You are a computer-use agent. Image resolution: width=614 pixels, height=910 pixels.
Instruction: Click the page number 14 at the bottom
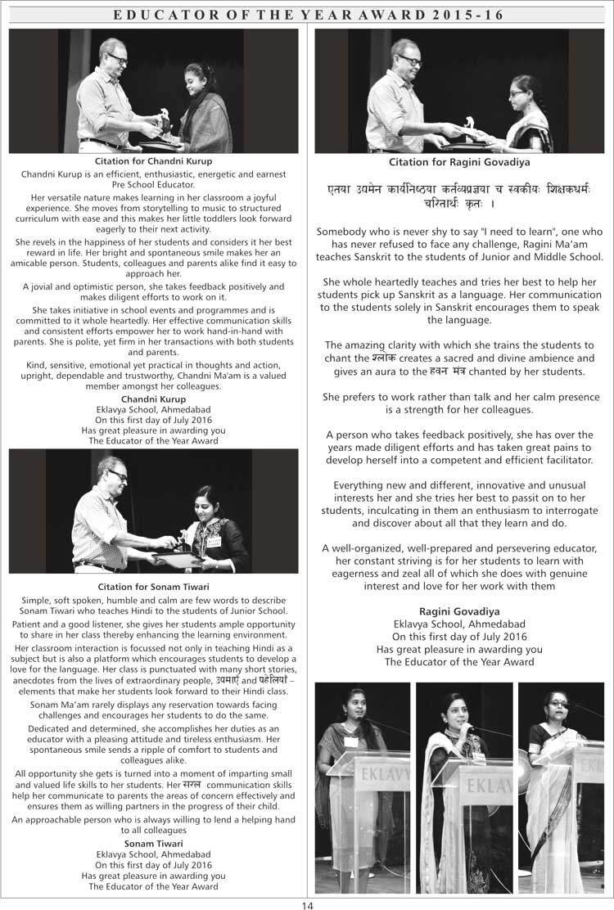[x=307, y=903]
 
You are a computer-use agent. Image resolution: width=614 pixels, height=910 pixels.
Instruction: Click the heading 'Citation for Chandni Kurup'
[x=153, y=162]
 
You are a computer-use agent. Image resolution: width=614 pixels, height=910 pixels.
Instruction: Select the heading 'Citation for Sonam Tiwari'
[x=153, y=587]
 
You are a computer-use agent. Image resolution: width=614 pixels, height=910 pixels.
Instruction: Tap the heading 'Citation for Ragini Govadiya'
[x=459, y=162]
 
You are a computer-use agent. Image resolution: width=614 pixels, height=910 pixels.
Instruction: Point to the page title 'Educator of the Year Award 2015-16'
[x=307, y=16]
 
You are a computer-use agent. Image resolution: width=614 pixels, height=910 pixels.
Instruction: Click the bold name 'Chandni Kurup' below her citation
[x=153, y=399]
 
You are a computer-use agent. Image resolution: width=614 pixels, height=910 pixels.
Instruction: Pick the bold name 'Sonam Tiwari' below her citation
[x=153, y=843]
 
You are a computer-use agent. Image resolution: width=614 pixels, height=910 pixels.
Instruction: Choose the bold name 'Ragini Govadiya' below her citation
[x=459, y=611]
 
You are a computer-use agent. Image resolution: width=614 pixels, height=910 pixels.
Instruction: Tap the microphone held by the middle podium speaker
[x=469, y=727]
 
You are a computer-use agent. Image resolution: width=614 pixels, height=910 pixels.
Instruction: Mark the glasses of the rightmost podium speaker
[x=559, y=704]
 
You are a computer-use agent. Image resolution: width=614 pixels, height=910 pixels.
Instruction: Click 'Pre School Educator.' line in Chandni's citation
[x=153, y=184]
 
